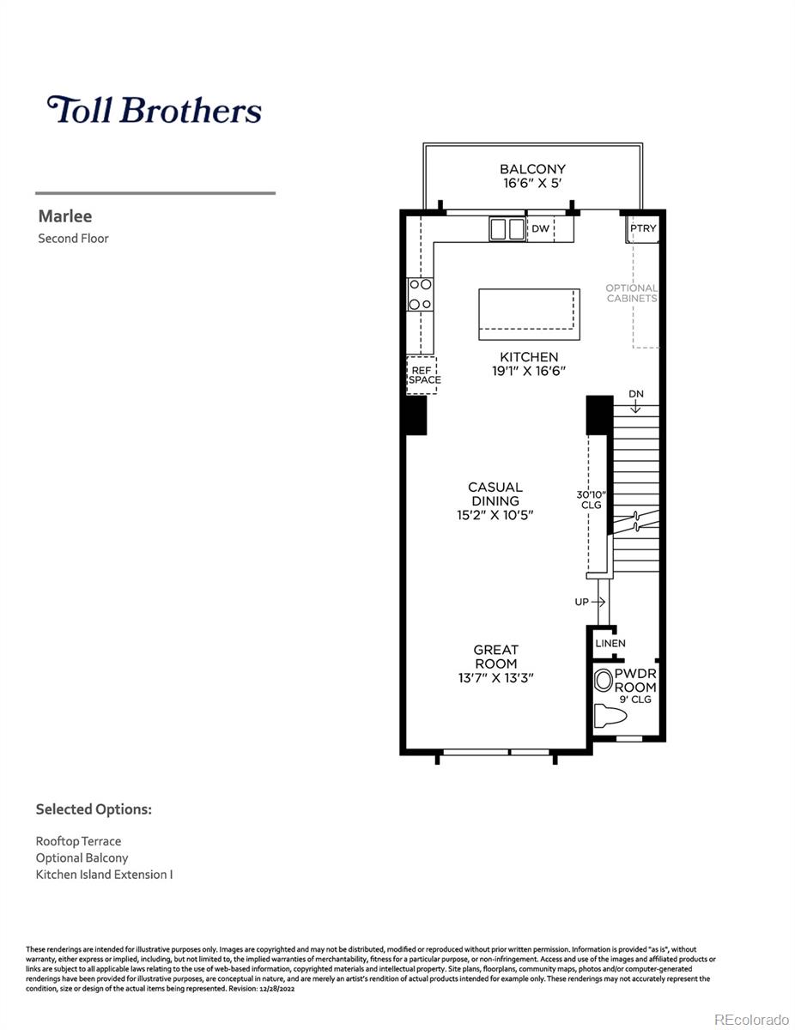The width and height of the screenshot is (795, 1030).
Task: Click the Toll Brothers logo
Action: tap(155, 110)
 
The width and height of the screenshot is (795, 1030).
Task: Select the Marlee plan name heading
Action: tap(64, 216)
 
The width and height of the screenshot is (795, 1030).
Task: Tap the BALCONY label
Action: tap(532, 169)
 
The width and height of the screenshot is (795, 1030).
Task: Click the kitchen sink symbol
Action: tap(507, 229)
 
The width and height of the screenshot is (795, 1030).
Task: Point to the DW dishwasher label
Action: tap(540, 228)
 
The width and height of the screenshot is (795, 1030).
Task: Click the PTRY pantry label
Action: tap(642, 228)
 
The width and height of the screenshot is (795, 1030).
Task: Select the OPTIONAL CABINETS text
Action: tap(631, 294)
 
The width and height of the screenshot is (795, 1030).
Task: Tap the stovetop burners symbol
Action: tap(420, 294)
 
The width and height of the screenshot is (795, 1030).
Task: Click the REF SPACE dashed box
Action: tap(422, 374)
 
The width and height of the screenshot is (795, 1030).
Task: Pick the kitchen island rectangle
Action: tap(528, 309)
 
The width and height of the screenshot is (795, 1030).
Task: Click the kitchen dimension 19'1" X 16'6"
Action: tap(529, 371)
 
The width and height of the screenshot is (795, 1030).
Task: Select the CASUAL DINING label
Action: tap(495, 494)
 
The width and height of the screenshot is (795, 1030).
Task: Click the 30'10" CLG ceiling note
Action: tap(592, 500)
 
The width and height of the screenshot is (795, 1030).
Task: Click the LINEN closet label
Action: tap(610, 643)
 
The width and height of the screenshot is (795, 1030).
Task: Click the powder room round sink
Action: tap(604, 682)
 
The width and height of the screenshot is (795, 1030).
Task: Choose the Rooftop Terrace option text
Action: tap(78, 841)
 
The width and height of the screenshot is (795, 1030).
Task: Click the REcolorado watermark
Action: tap(752, 1019)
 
